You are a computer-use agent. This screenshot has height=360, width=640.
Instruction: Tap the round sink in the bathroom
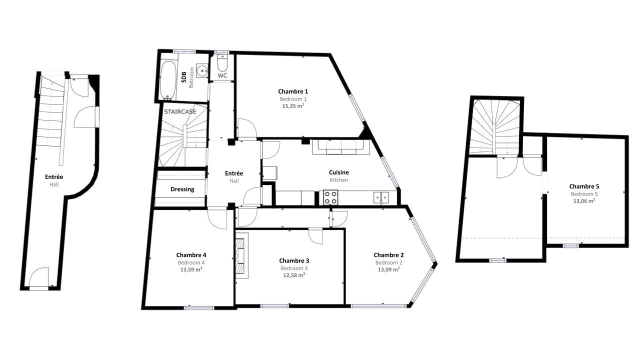pos(202,71)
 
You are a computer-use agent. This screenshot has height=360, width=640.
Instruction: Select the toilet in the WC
pos(222,63)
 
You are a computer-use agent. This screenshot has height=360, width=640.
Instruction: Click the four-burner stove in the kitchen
pos(330,197)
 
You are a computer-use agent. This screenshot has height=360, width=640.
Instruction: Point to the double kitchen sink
pos(381,197)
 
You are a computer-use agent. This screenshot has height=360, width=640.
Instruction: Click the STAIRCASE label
pos(180,111)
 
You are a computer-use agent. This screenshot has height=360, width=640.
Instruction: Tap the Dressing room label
pos(182,189)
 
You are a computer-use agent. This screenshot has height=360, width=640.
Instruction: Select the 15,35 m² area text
pos(293,106)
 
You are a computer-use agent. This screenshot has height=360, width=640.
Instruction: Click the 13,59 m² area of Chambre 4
pos(191,269)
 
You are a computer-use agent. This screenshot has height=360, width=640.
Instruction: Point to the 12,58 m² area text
pos(294,275)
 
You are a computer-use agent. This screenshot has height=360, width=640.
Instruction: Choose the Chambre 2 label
pos(388,255)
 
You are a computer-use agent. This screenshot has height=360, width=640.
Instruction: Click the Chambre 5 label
pos(584,186)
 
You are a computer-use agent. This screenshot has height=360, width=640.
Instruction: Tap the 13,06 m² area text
pos(584,201)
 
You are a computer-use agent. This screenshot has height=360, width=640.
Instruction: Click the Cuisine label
pos(339,172)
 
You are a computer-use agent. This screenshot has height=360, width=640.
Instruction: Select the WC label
pos(222,75)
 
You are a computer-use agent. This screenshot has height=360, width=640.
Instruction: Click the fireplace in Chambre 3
pos(241,255)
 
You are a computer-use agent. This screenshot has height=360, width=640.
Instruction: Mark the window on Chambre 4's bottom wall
pos(199,307)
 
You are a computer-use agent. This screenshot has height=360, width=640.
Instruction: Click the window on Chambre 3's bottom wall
pos(274,306)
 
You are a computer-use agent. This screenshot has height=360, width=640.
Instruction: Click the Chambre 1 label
pos(293,91)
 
